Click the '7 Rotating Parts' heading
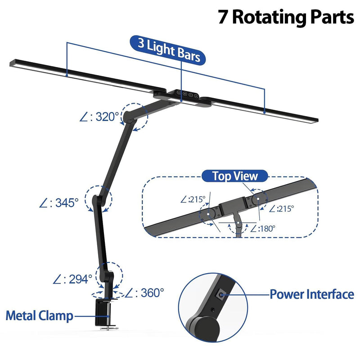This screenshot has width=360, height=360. tap(286, 18)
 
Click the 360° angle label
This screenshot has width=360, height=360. tap(144, 293)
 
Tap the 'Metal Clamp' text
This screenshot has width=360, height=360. tap(39, 315)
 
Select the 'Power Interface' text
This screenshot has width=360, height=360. tap(311, 295)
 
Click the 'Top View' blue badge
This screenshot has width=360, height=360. tap(235, 176)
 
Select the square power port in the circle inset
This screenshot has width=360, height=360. tap(221, 295)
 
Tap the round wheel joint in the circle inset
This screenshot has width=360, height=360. tap(202, 328)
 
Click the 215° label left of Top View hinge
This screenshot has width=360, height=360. tap(193, 198)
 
